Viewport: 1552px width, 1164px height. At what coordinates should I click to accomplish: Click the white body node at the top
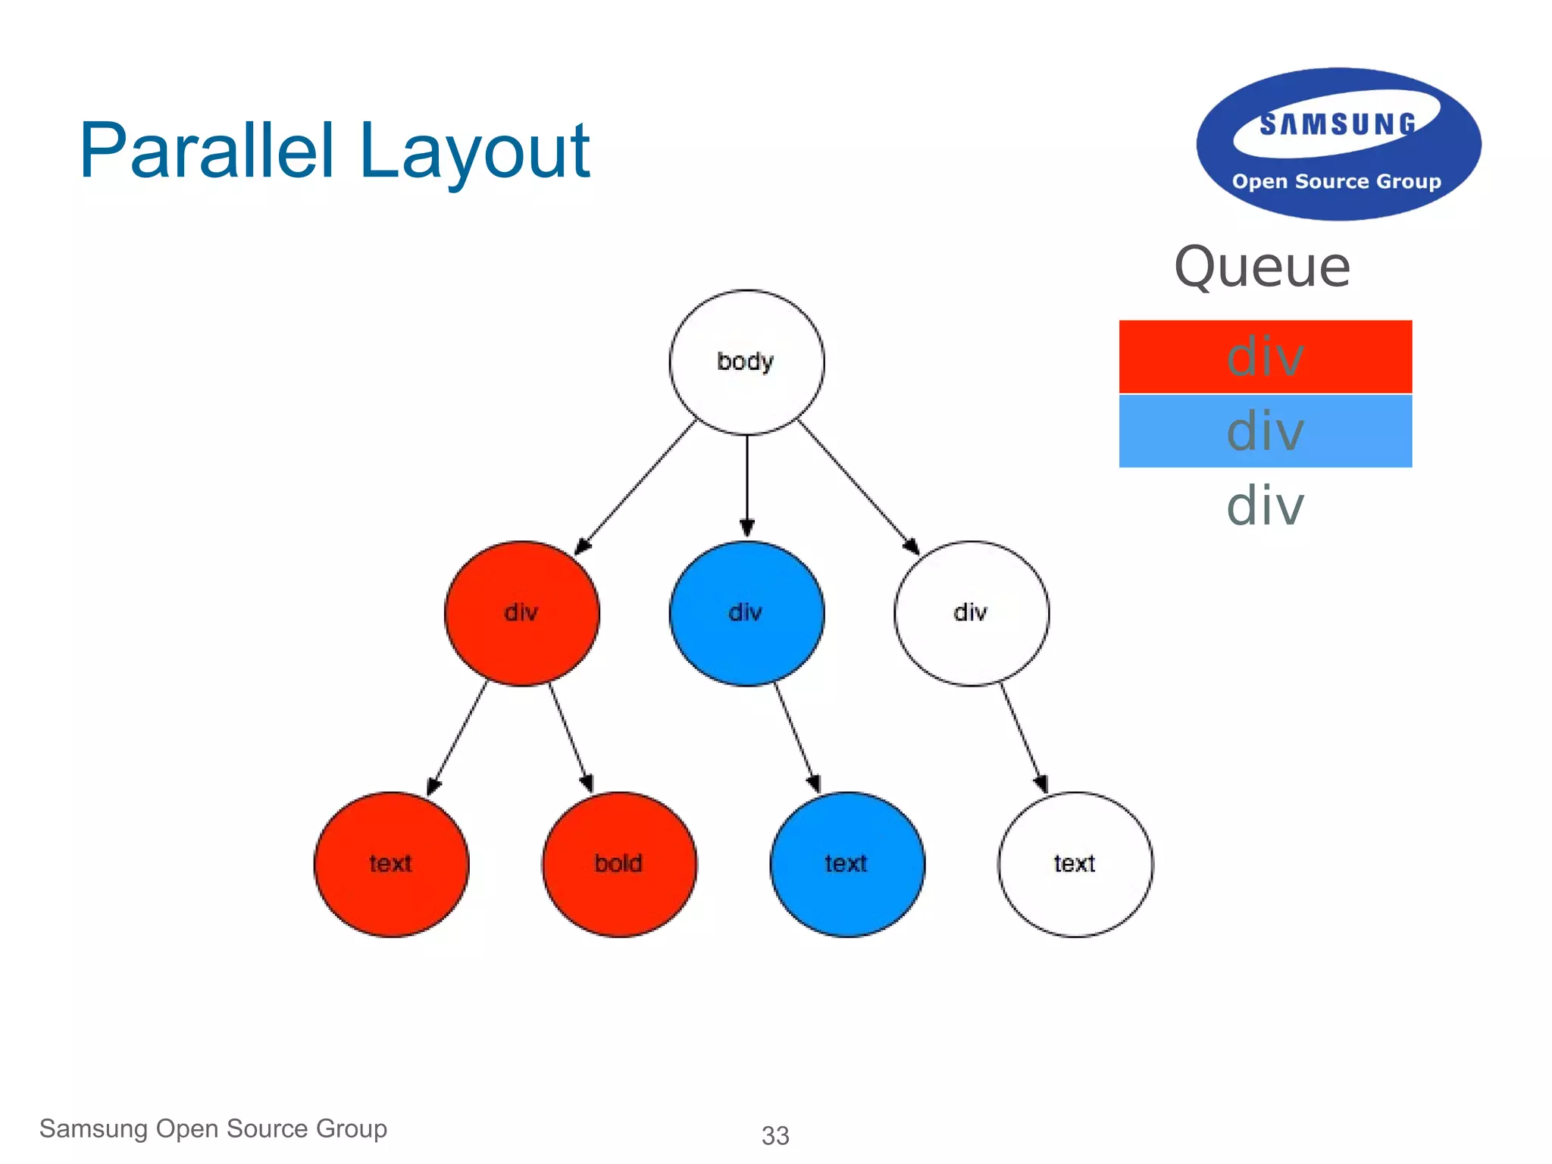746,362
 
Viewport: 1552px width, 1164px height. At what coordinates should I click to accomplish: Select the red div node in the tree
521,613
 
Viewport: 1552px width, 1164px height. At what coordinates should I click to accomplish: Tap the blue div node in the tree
746,613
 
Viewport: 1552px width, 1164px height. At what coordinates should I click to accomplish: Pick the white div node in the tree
971,613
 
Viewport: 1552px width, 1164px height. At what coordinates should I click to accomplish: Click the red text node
391,864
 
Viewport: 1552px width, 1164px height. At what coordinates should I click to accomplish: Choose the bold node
619,864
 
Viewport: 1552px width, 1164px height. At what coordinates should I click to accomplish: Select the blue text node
847,864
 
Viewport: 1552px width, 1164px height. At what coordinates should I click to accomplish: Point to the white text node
1075,864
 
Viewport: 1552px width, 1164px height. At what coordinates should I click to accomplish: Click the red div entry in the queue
1265,356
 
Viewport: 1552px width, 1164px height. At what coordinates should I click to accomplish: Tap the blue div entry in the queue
1265,430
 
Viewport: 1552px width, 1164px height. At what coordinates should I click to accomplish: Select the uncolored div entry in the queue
1265,505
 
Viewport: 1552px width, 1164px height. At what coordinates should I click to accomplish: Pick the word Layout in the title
474,151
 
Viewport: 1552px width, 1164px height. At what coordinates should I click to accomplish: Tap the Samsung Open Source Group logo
1338,145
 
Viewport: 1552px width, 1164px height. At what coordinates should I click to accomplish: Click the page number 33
774,1135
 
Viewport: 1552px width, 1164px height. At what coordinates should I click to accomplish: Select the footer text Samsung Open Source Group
213,1128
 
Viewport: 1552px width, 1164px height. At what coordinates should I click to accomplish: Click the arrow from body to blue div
746,485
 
